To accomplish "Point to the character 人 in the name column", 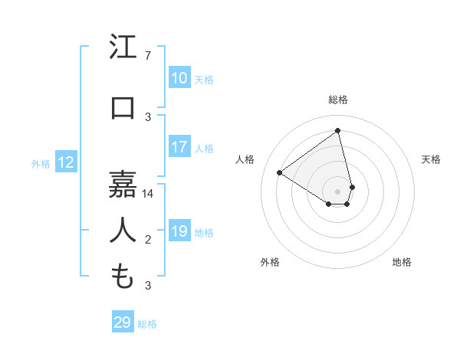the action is pyautogui.click(x=123, y=230).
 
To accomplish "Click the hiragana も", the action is pyautogui.click(x=123, y=276).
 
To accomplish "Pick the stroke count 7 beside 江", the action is pyautogui.click(x=148, y=56).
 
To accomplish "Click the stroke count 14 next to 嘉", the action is pyautogui.click(x=148, y=194).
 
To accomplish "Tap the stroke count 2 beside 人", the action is pyautogui.click(x=148, y=240).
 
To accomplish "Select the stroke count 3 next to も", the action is pyautogui.click(x=148, y=286).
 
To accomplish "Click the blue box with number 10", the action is pyautogui.click(x=179, y=78).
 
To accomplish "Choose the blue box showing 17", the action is pyautogui.click(x=179, y=147).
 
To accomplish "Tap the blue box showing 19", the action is pyautogui.click(x=179, y=231).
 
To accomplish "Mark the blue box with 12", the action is pyautogui.click(x=65, y=162).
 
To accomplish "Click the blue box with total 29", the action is pyautogui.click(x=122, y=322).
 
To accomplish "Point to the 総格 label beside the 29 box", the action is pyautogui.click(x=147, y=324).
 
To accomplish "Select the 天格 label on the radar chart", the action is pyautogui.click(x=431, y=159).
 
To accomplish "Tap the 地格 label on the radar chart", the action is pyautogui.click(x=402, y=262).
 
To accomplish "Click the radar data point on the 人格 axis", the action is pyautogui.click(x=280, y=172).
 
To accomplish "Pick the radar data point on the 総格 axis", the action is pyautogui.click(x=337, y=131).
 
